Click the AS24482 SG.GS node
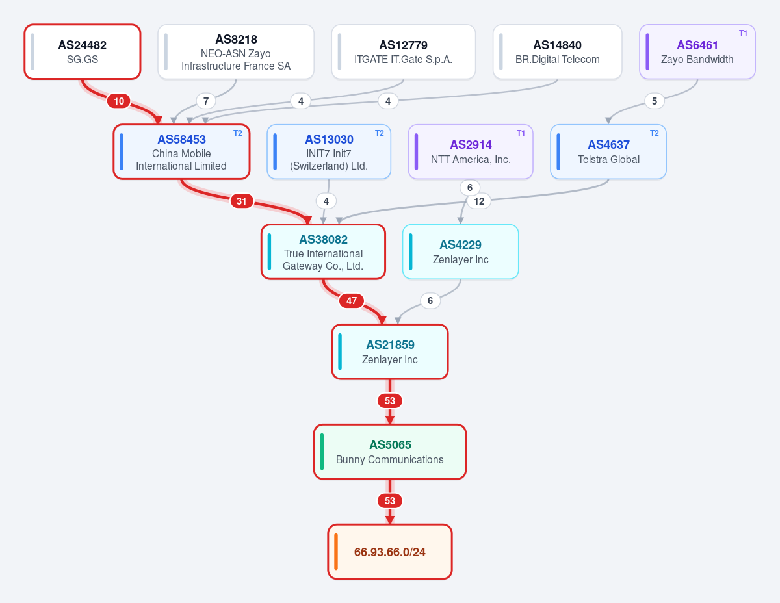click(82, 51)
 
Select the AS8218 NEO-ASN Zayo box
click(236, 51)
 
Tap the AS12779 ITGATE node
click(404, 51)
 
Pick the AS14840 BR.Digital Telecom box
click(558, 51)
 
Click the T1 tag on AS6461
click(743, 33)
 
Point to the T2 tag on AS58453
click(238, 133)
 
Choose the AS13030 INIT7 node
click(329, 152)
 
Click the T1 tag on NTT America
click(521, 133)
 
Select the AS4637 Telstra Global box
click(608, 152)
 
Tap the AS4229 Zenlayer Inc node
click(461, 252)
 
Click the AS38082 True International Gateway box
click(323, 252)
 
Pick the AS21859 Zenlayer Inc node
click(390, 352)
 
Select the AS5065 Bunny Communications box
click(390, 452)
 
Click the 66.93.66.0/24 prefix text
click(390, 552)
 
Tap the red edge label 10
click(119, 101)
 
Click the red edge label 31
click(242, 201)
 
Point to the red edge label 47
click(352, 301)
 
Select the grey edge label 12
click(479, 201)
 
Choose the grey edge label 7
click(206, 101)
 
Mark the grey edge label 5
click(655, 101)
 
